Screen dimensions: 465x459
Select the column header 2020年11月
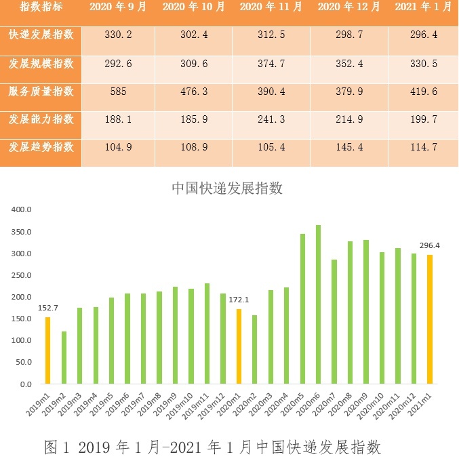point(271,8)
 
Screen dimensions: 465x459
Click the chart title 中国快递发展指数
point(226,188)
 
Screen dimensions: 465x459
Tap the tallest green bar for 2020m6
point(319,304)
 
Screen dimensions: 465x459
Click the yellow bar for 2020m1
point(239,346)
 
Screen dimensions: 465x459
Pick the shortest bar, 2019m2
point(64,357)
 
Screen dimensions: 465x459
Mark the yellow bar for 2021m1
point(430,319)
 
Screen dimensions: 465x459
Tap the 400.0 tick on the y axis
point(22,209)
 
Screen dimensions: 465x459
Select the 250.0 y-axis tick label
point(22,275)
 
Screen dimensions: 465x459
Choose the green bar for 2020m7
point(334,321)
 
